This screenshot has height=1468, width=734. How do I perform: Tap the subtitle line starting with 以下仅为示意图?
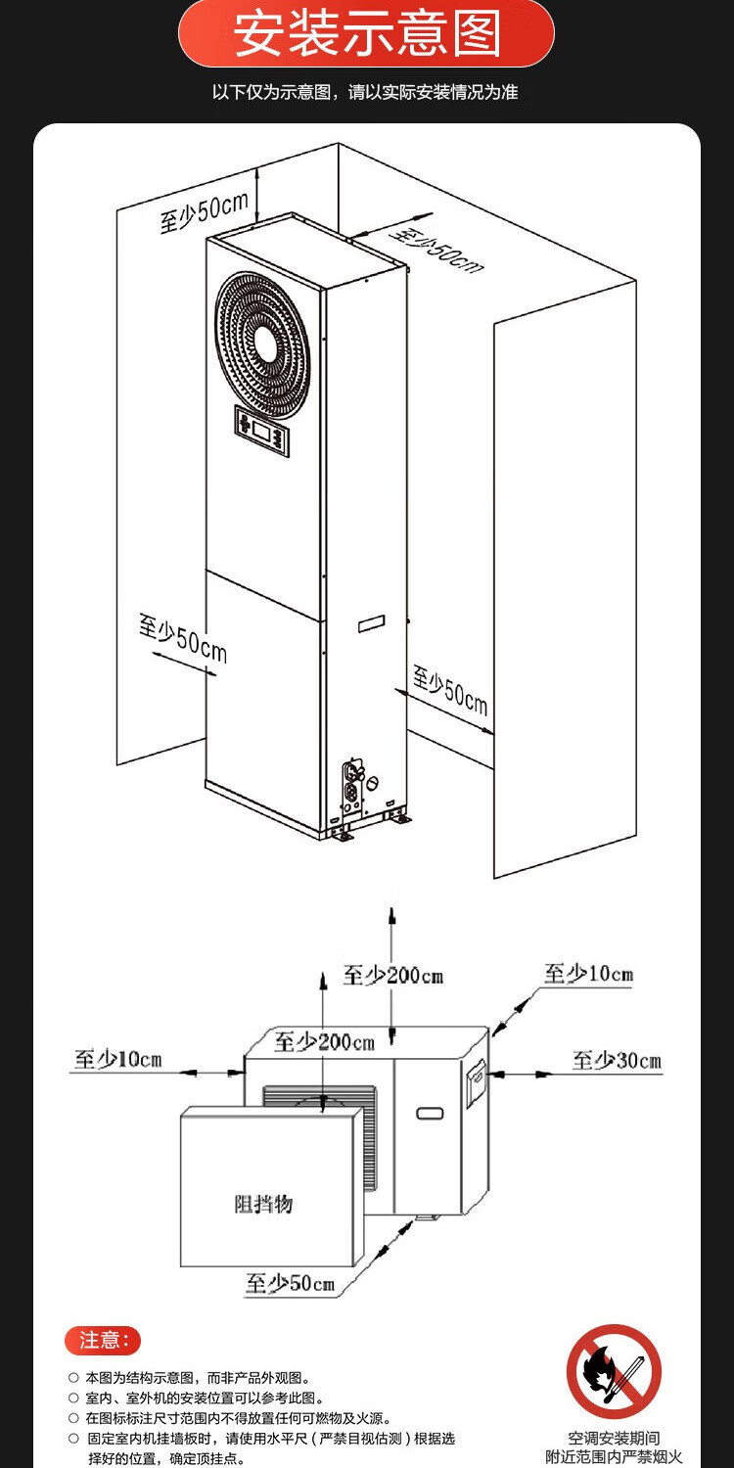365,93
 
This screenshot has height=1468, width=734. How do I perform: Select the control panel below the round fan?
263,432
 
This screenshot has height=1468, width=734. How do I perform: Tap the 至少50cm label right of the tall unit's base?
449,690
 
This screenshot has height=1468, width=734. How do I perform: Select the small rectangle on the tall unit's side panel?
372,623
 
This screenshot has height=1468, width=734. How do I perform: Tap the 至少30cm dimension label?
617,1061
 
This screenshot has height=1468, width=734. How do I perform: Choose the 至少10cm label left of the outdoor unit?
118,1059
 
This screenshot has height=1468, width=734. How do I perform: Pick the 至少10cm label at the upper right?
588,974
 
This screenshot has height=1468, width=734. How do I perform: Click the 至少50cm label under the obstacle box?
290,1283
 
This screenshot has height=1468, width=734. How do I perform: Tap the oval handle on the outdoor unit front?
430,1113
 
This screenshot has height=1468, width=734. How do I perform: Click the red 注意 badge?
103,1340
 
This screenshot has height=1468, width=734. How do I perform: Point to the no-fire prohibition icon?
614,1371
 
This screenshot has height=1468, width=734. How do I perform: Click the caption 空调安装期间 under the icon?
614,1438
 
